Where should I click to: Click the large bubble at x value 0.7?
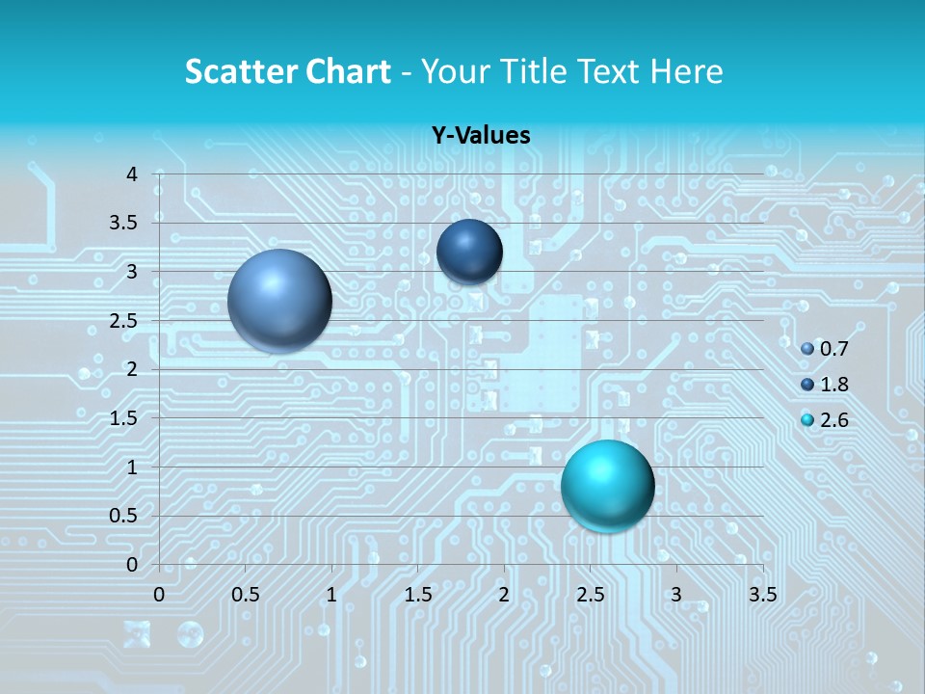point(280,301)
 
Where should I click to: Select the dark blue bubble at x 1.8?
point(469,252)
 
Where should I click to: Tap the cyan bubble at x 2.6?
point(607,486)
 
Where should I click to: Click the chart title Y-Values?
point(481,136)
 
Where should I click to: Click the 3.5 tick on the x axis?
point(762,595)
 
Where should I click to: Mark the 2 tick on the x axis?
point(504,595)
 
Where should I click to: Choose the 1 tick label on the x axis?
point(331,595)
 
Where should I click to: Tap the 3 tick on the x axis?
point(676,595)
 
